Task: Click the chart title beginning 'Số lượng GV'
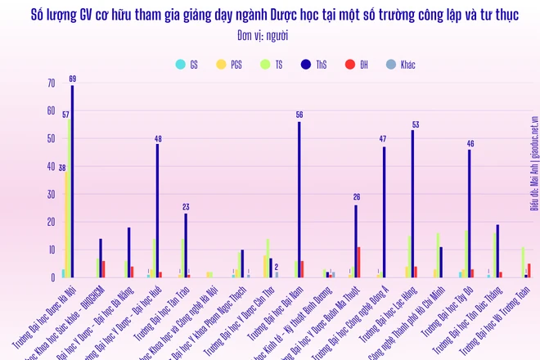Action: [269, 15]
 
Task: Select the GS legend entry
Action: [187, 63]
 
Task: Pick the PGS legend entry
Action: [231, 63]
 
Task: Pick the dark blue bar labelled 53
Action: [412, 204]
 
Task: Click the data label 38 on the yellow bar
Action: [61, 167]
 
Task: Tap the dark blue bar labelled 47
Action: [384, 212]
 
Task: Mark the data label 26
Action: [356, 197]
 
